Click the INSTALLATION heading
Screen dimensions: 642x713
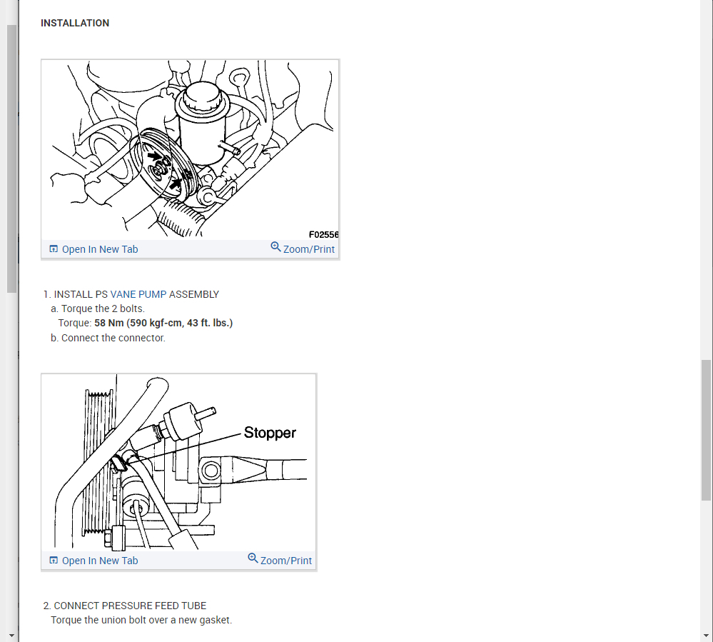75,24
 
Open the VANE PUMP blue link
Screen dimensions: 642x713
138,294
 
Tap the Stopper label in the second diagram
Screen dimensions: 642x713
270,433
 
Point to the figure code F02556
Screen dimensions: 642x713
323,234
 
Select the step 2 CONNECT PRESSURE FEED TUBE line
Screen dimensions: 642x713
125,606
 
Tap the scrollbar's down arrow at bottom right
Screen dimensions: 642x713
706,635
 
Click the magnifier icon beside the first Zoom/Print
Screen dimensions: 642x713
275,247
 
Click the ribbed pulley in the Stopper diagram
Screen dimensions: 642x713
96,464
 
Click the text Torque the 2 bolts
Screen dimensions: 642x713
103,309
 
